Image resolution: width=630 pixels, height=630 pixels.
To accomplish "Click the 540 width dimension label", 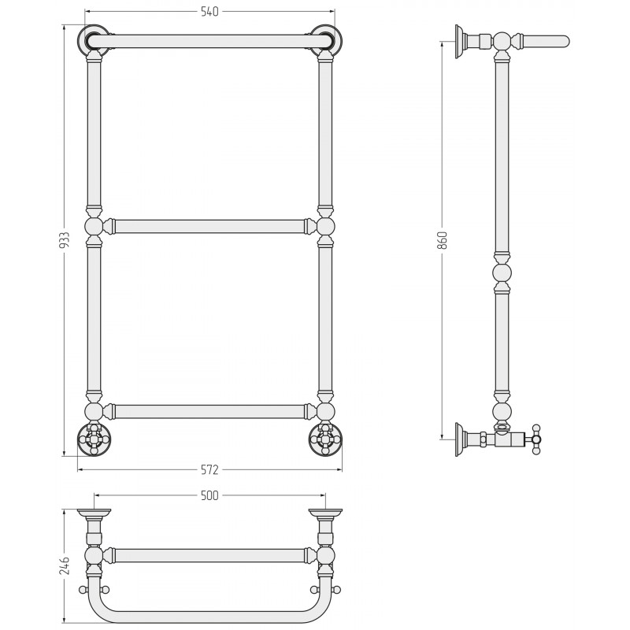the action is [x=209, y=12].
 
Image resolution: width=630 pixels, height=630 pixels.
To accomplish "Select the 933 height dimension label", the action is [x=65, y=241].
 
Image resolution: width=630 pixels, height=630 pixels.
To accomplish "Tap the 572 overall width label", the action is [x=209, y=469].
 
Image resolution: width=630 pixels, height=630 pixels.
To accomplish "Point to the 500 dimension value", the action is [x=209, y=496].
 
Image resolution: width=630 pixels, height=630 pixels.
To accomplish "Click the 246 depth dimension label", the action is [x=65, y=565].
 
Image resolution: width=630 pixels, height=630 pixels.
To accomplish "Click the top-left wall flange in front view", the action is [x=94, y=41].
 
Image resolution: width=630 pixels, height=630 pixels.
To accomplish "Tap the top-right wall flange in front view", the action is [x=325, y=41].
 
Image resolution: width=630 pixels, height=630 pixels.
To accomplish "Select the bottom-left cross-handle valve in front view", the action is [x=94, y=439].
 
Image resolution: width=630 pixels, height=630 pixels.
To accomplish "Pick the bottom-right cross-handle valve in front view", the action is [x=325, y=439].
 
